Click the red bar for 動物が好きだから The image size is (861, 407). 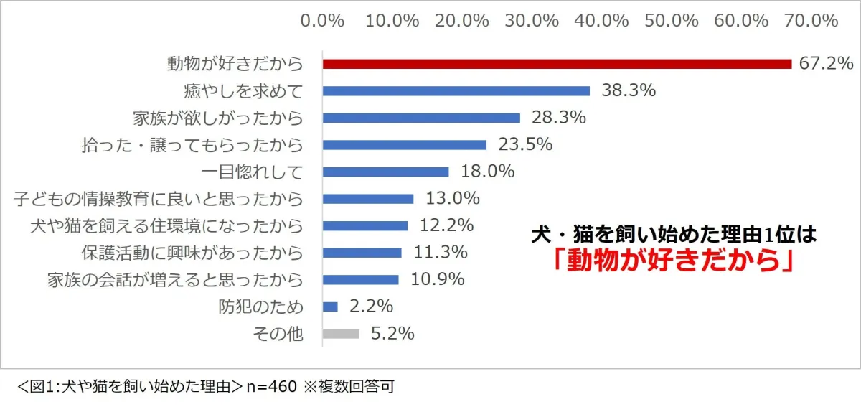point(557,64)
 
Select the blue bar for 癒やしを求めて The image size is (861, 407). point(456,91)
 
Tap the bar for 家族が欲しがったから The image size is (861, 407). point(421,118)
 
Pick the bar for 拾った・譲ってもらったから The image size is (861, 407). point(405,145)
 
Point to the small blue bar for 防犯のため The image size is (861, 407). point(330,307)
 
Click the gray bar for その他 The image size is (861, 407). point(341,334)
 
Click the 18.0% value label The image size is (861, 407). point(485,172)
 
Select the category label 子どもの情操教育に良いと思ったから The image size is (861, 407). point(159,199)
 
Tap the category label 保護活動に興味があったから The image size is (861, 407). point(192,253)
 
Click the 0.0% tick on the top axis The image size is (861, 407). point(323,20)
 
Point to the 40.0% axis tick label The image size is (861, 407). point(601,20)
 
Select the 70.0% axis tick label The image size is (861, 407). point(811,20)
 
